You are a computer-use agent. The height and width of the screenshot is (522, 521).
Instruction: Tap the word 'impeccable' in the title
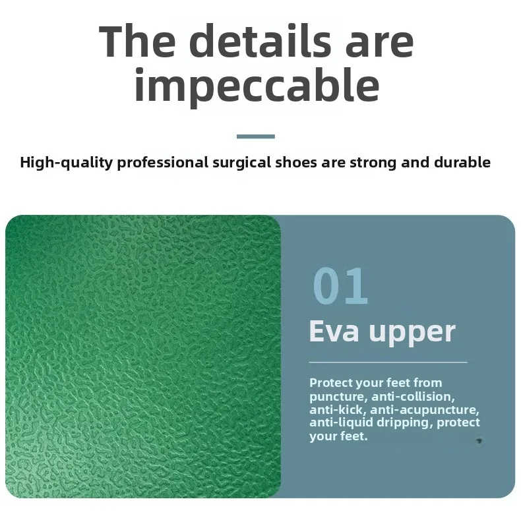pyautogui.click(x=257, y=86)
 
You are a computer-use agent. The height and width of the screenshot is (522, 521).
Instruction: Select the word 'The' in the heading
pyautogui.click(x=137, y=41)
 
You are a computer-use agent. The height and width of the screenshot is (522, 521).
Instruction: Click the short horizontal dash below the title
pyautogui.click(x=255, y=136)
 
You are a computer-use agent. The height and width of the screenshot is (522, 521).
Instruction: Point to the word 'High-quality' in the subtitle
pyautogui.click(x=67, y=163)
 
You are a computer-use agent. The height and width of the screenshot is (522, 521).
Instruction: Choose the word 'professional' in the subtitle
pyautogui.click(x=163, y=163)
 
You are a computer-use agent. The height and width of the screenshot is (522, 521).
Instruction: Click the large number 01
pyautogui.click(x=340, y=286)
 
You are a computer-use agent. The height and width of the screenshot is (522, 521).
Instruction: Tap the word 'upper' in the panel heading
pyautogui.click(x=412, y=333)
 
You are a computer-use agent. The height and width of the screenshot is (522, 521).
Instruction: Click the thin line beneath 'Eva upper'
pyautogui.click(x=388, y=362)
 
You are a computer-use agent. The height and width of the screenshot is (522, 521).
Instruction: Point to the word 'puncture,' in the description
pyautogui.click(x=338, y=397)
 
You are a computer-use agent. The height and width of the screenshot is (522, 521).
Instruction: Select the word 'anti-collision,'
pyautogui.click(x=413, y=396)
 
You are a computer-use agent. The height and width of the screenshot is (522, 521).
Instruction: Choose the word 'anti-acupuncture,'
pyautogui.click(x=425, y=410)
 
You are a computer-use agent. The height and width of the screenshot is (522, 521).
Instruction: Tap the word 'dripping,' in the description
pyautogui.click(x=404, y=422)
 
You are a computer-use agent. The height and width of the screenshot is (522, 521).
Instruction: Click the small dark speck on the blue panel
pyautogui.click(x=479, y=441)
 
